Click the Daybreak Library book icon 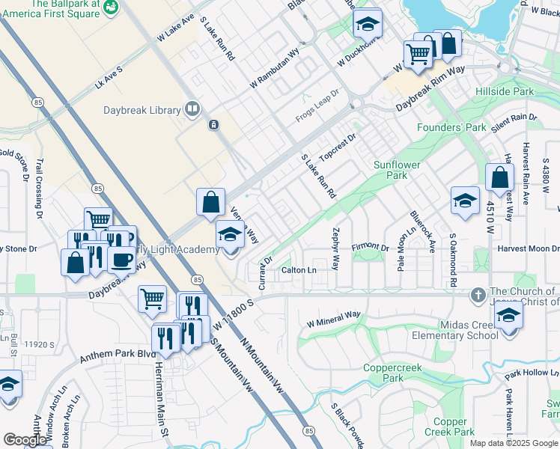[x=192, y=110]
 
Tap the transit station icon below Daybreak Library [x=214, y=124]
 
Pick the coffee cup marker [x=121, y=259]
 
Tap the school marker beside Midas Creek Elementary [x=508, y=315]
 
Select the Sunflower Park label [x=397, y=170]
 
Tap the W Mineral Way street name [x=334, y=320]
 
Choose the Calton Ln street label [x=299, y=269]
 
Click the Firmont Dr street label [x=371, y=247]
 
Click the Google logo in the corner [x=25, y=440]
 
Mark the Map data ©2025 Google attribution [x=513, y=443]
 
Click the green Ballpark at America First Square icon [x=111, y=7]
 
